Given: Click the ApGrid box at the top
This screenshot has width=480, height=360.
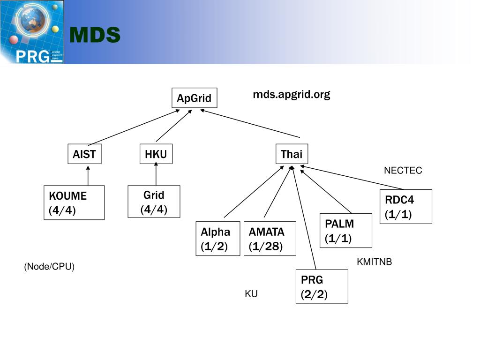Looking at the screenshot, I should pyautogui.click(x=194, y=98).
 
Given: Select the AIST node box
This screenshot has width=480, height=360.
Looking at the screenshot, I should pyautogui.click(x=84, y=154).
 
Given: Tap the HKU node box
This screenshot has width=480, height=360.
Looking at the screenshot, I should pyautogui.click(x=156, y=154).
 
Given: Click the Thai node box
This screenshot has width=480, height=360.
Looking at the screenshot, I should pyautogui.click(x=291, y=154).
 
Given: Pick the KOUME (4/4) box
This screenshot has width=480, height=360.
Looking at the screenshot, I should pyautogui.click(x=74, y=202).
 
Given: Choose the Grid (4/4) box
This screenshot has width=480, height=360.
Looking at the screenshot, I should pyautogui.click(x=154, y=202).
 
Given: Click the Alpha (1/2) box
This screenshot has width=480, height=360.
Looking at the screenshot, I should pyautogui.click(x=218, y=239).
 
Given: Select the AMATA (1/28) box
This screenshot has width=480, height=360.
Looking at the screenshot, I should pyautogui.click(x=270, y=239).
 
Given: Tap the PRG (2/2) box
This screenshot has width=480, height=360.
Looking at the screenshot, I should pyautogui.click(x=322, y=286).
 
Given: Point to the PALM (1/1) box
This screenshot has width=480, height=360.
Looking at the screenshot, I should pyautogui.click(x=345, y=231).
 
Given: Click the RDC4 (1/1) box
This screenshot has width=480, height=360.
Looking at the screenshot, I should pyautogui.click(x=405, y=207).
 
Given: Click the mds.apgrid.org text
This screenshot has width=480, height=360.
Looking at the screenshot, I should pyautogui.click(x=292, y=95).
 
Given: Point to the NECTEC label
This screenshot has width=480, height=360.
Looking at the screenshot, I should pyautogui.click(x=403, y=171).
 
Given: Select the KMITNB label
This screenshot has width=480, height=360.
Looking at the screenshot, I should pyautogui.click(x=374, y=262).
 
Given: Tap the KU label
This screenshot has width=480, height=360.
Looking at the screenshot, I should pyautogui.click(x=251, y=294).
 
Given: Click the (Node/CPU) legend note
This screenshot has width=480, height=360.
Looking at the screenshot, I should pyautogui.click(x=50, y=267).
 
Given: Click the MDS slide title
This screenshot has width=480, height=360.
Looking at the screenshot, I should pyautogui.click(x=95, y=35).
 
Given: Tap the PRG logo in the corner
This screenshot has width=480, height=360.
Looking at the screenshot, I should pyautogui.click(x=32, y=32).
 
